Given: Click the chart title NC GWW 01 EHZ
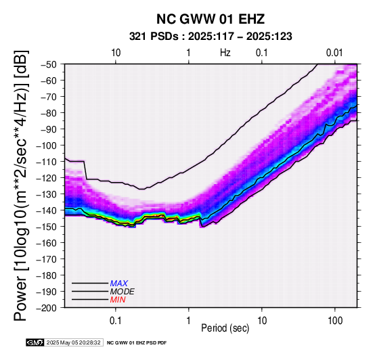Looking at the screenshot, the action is coord(211,19).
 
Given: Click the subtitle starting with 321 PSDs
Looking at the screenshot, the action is coord(211,37).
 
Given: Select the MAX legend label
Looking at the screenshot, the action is coord(119,284).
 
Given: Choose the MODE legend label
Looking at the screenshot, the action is coord(123,292).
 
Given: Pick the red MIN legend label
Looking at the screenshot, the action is coord(118,300).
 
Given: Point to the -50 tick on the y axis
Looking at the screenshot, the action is coord(49,64).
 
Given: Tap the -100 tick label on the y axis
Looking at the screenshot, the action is coord(47,145).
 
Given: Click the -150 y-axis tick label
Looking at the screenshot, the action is coord(47,227).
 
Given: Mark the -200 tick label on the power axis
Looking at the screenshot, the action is coord(47,308).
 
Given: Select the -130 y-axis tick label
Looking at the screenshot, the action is coord(47,194).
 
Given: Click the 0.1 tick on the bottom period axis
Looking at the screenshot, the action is coord(116,321).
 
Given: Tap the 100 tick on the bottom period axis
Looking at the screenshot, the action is coord(335,321).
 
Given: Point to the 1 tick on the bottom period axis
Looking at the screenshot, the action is coord(189,321).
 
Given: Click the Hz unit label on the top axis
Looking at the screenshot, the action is coord(225,53).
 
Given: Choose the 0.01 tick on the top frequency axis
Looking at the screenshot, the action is coord(334,53).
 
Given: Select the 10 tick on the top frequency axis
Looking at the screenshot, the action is coord(116,53).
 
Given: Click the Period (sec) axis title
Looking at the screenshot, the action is coord(225,328).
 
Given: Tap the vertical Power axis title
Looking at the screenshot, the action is coord(21,185).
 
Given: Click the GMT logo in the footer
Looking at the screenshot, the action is coord(35,342).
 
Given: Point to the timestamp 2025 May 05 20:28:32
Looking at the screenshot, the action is coord(74,342).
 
